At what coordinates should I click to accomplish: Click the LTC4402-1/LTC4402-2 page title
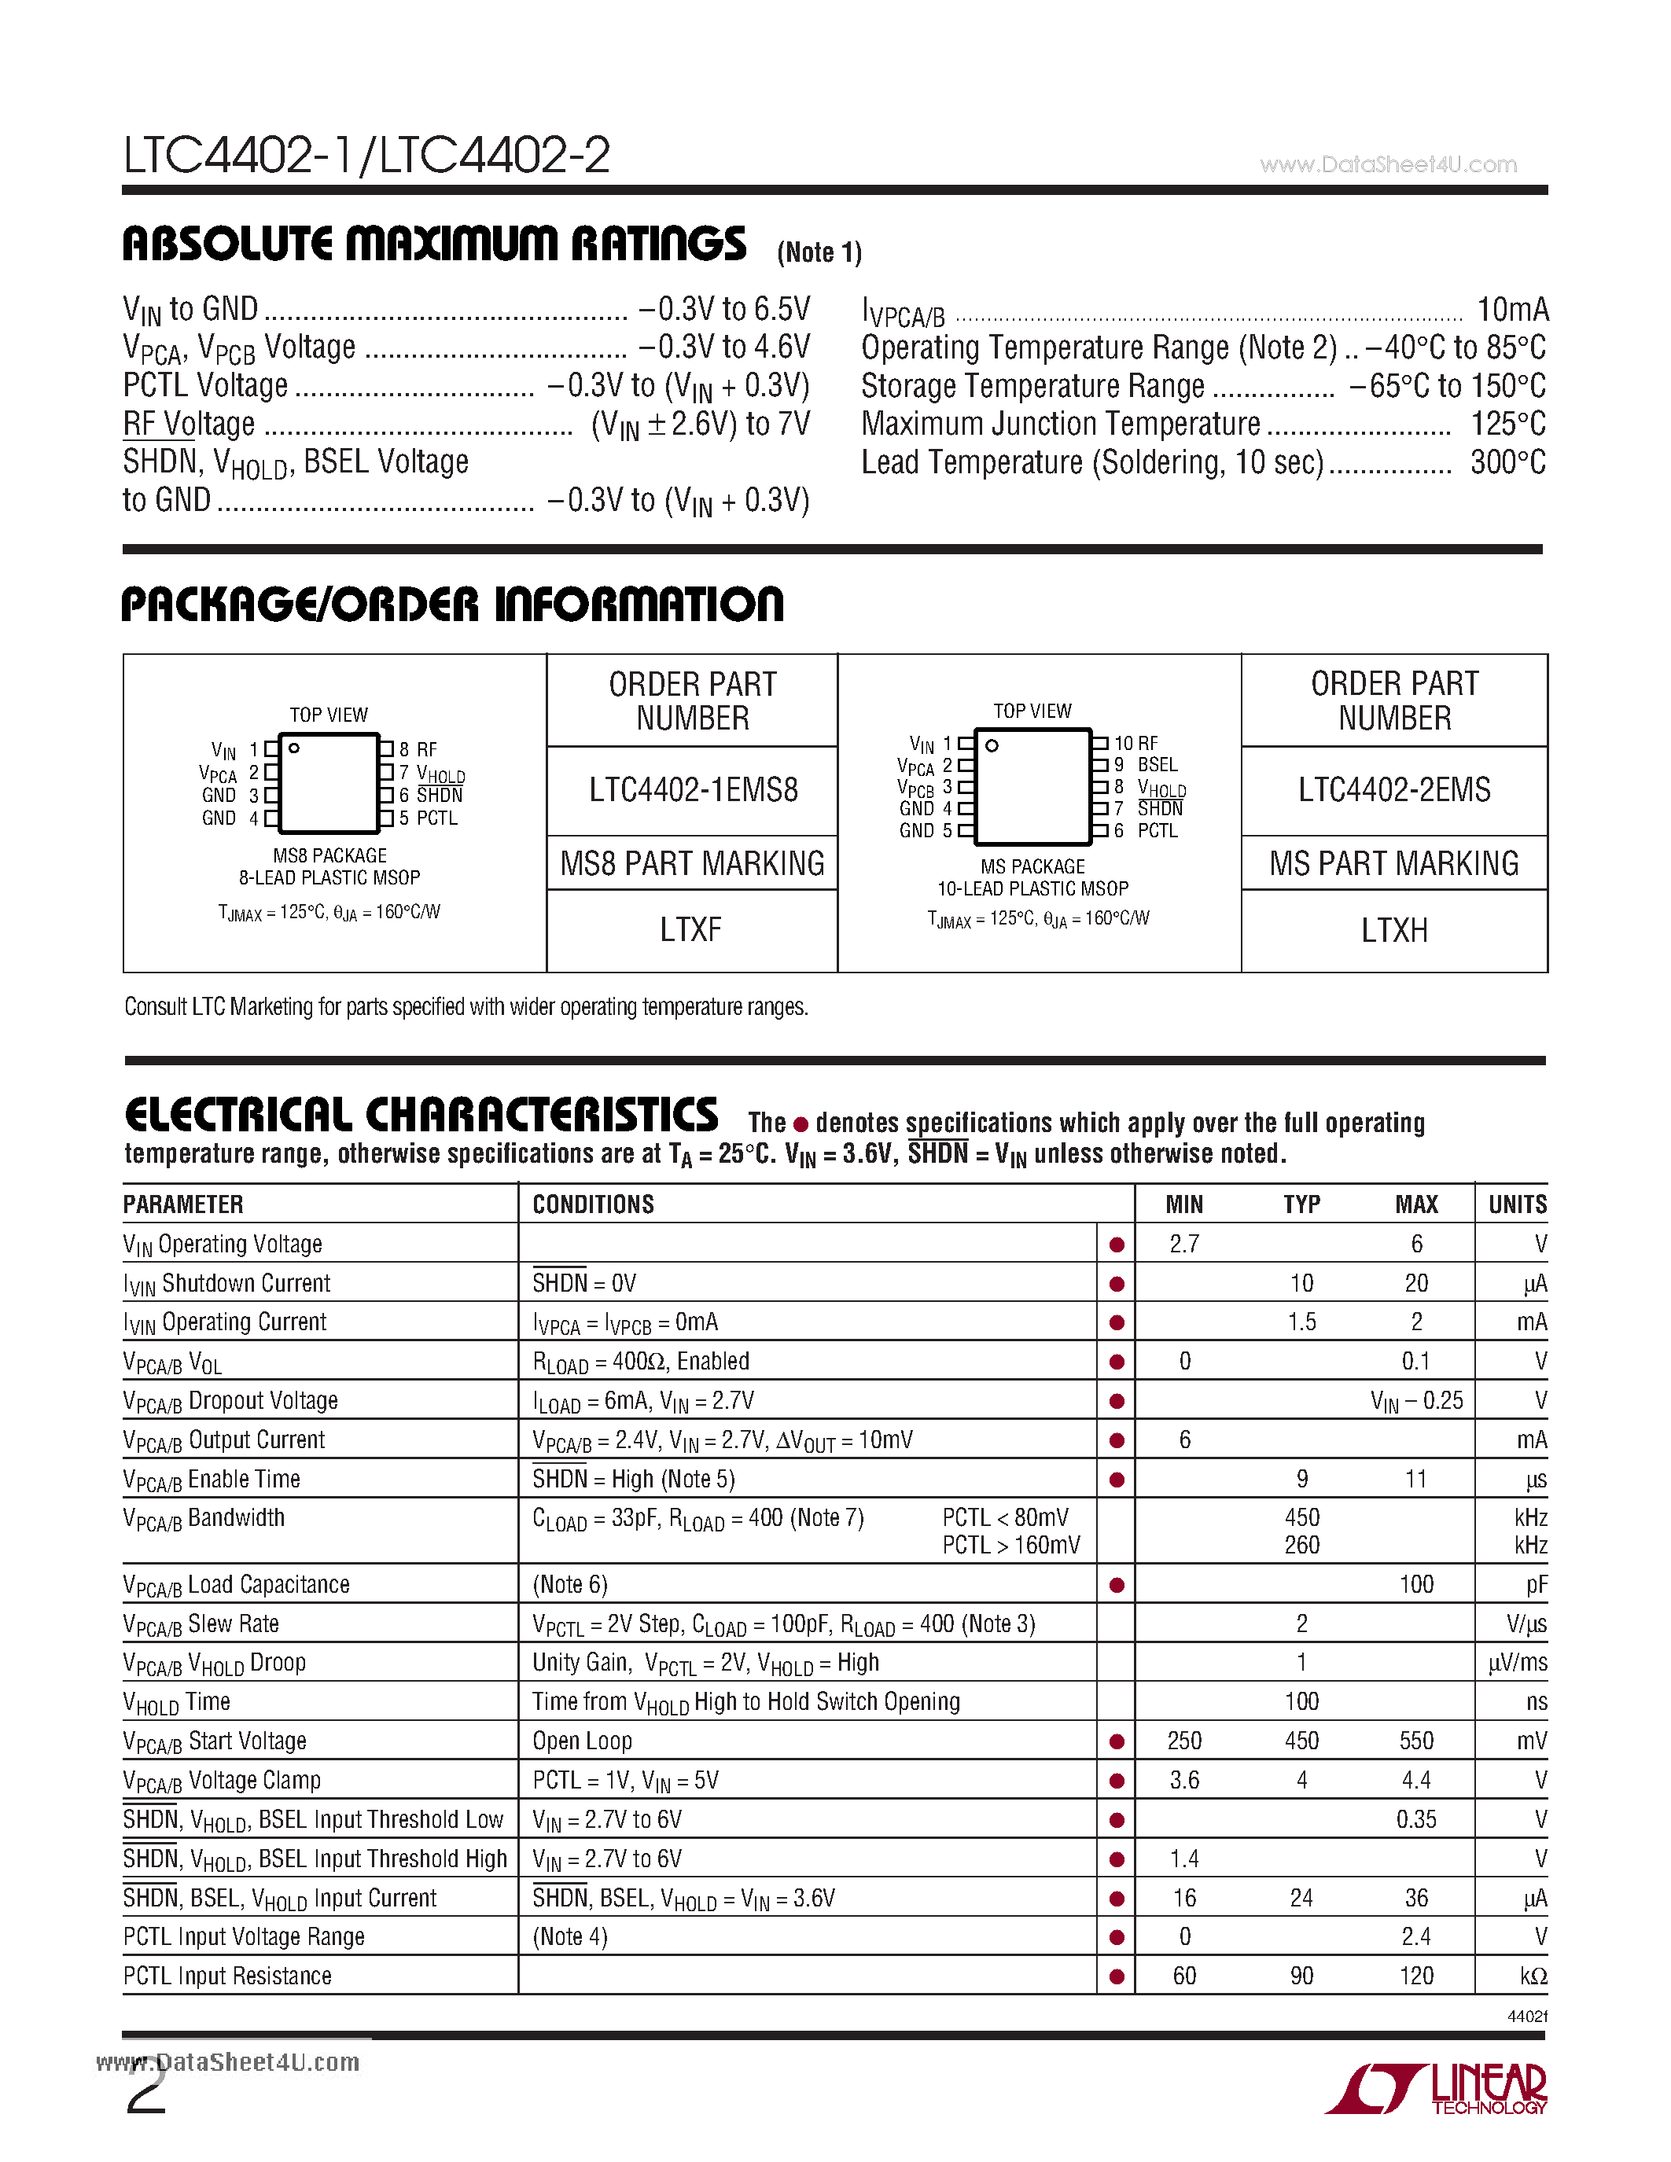(366, 156)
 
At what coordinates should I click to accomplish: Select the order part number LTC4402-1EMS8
(693, 790)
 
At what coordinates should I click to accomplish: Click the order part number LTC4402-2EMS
(1394, 790)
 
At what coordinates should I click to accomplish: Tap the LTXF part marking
(691, 929)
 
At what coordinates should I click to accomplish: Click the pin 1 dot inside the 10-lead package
(992, 745)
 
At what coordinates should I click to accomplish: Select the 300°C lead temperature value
(1507, 462)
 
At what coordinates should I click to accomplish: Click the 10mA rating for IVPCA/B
(1511, 310)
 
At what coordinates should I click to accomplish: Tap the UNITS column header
(1517, 1204)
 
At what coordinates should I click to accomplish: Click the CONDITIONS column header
(593, 1204)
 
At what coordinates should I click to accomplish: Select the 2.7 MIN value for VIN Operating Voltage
(1184, 1244)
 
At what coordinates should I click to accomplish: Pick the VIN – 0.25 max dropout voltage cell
(1415, 1401)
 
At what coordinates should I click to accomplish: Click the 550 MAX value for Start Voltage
(1415, 1741)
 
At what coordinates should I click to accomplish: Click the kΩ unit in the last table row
(1533, 1977)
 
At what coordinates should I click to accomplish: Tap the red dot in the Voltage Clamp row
(1117, 1781)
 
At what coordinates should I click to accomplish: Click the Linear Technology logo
(1437, 2089)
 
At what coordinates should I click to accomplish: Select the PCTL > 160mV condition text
(1010, 1546)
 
